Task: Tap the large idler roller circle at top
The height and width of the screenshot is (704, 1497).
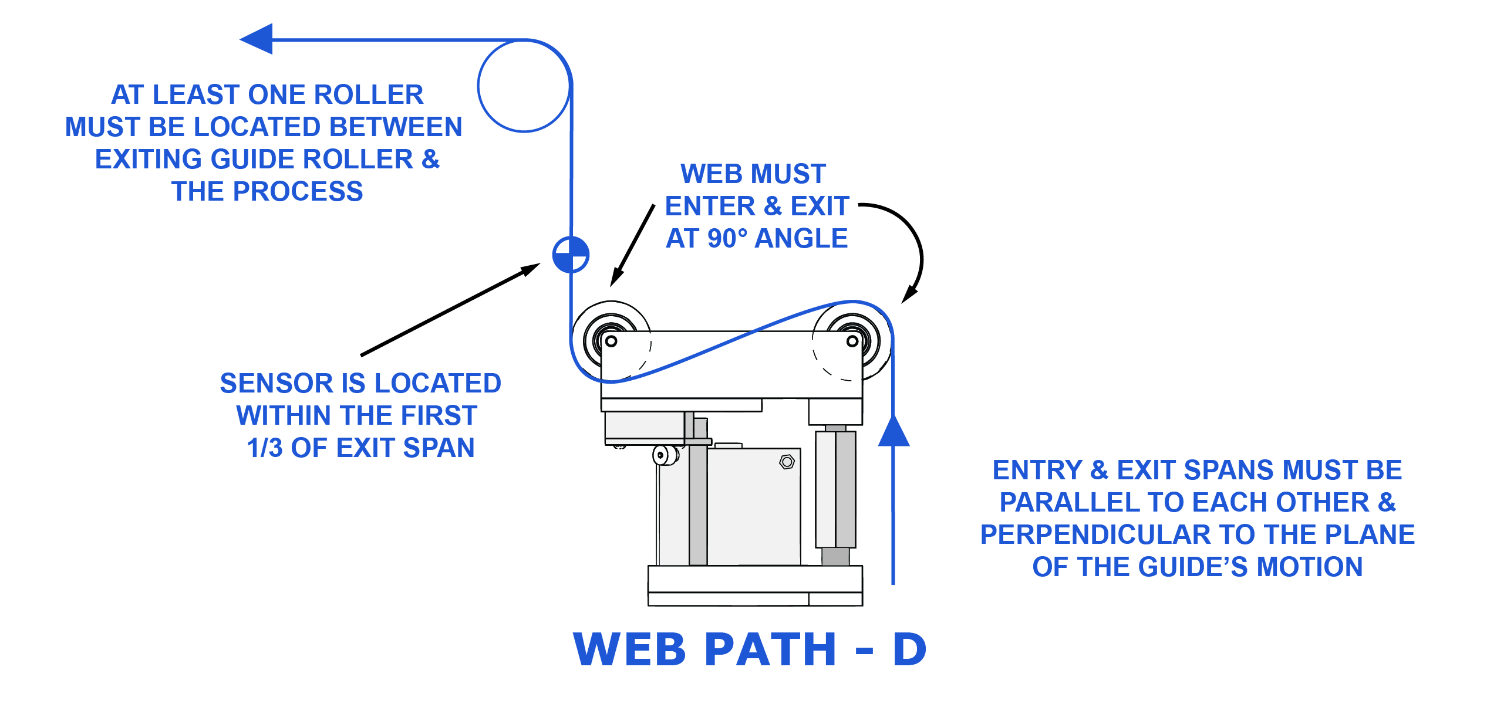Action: point(524,86)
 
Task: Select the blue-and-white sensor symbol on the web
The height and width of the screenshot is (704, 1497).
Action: point(571,255)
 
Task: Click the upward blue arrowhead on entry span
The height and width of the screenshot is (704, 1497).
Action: point(894,431)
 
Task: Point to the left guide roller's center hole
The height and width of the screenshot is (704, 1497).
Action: point(611,341)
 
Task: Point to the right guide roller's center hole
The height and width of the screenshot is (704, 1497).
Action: point(852,341)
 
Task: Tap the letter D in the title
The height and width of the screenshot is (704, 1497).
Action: point(909,650)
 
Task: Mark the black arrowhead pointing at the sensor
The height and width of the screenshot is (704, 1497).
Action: point(531,269)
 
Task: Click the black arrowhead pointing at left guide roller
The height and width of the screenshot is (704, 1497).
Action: point(615,278)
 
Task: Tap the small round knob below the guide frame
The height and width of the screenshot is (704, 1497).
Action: point(660,455)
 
